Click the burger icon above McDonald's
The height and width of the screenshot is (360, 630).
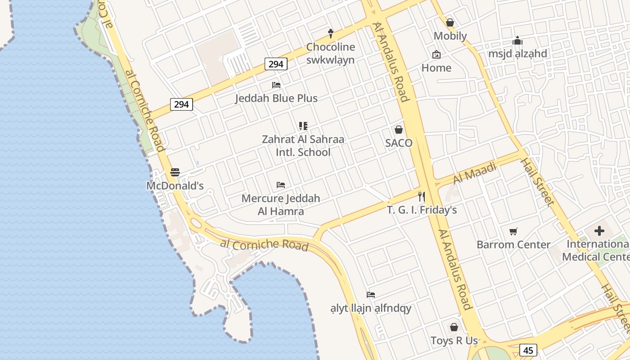click(175, 172)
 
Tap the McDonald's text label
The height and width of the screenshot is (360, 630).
click(175, 185)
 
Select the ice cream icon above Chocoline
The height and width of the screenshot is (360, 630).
click(331, 33)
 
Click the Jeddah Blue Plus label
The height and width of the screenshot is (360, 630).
click(276, 98)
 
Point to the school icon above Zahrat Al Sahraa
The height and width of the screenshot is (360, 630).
click(303, 126)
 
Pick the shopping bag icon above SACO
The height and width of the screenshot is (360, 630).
click(399, 130)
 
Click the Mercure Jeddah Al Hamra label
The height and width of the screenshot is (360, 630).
click(281, 205)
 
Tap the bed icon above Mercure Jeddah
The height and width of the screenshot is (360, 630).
click(281, 184)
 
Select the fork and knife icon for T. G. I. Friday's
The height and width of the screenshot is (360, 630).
click(422, 196)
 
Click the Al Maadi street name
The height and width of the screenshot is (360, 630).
click(475, 173)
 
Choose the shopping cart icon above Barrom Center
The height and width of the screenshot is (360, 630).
click(513, 232)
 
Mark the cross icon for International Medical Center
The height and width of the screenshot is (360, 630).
click(599, 231)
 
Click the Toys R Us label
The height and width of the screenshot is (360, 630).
click(454, 341)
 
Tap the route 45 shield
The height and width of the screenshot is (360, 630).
click(528, 350)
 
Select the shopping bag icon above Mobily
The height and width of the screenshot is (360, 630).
click(450, 22)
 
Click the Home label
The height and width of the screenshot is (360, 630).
click(436, 68)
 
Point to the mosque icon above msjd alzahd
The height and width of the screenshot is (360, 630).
click(517, 40)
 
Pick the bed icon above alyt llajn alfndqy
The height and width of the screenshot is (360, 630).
click(371, 295)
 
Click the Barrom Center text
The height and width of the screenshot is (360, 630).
click(513, 245)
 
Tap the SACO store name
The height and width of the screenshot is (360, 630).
click(399, 143)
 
